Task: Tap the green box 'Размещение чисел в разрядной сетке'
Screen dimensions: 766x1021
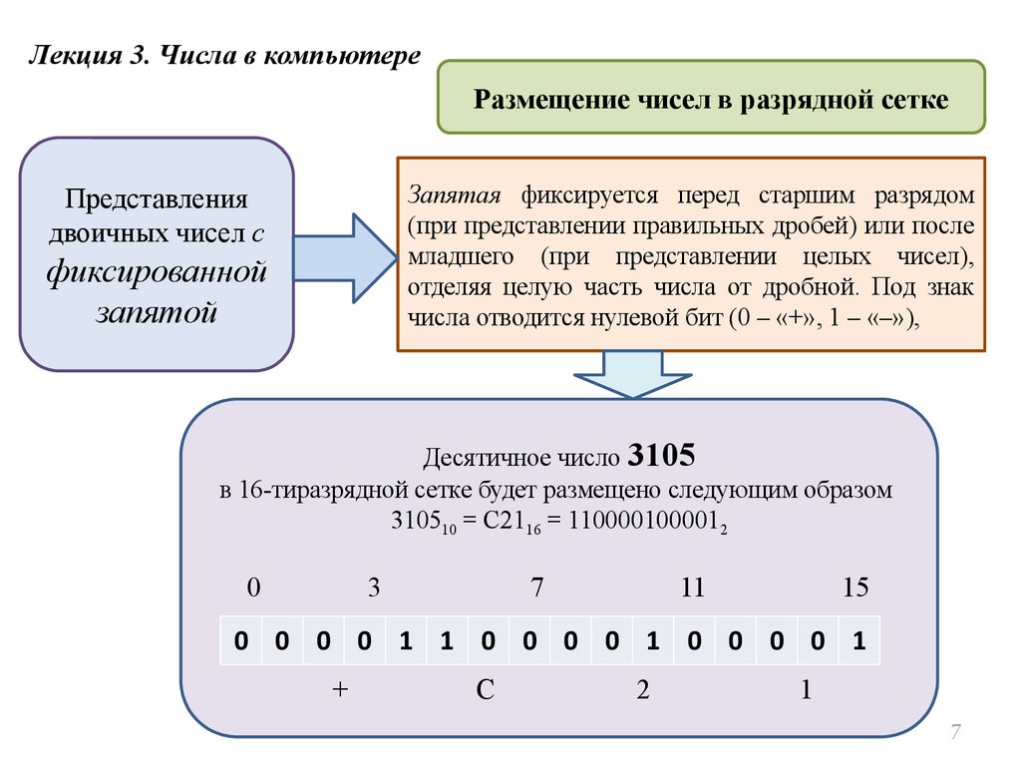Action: tap(711, 97)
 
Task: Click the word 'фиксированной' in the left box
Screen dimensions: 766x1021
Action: tap(157, 271)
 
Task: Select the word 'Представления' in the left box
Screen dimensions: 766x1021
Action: tap(157, 196)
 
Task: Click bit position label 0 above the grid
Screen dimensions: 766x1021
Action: tap(253, 588)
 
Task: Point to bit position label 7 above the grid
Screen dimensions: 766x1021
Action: tap(536, 588)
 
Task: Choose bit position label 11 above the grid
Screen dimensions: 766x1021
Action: tap(692, 588)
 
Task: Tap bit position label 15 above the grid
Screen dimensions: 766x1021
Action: tap(855, 588)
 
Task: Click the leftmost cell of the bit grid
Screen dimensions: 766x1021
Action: tap(240, 641)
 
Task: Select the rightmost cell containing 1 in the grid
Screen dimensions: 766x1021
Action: tap(857, 641)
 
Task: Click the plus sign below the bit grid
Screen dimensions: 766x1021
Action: tap(341, 691)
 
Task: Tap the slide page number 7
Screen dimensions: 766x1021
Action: tap(955, 734)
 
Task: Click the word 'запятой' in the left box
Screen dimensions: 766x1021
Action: tap(157, 310)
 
